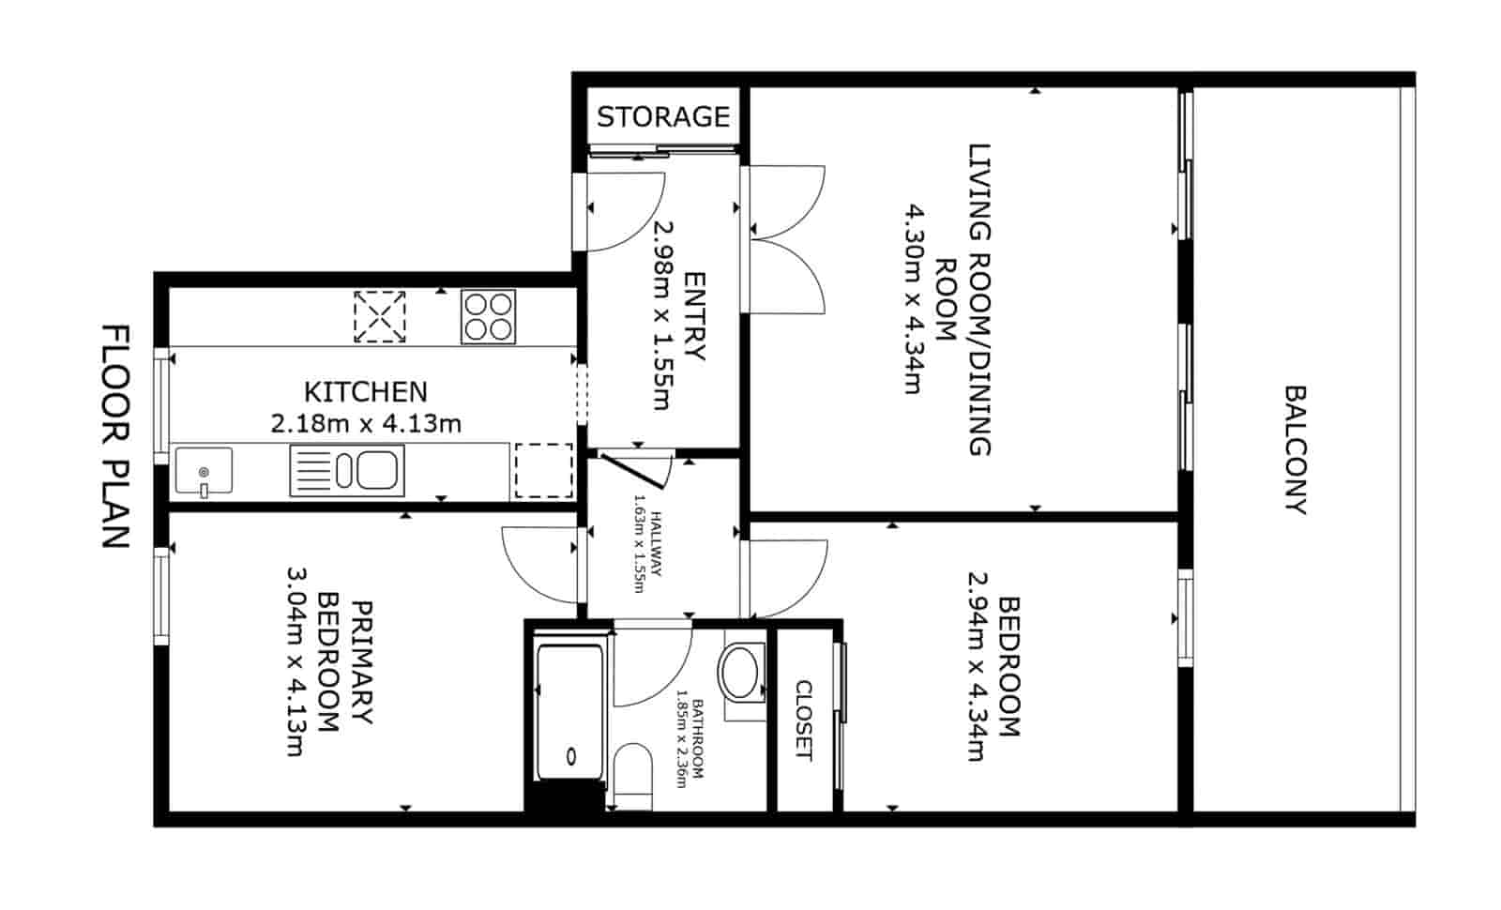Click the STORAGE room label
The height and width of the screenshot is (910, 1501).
662,117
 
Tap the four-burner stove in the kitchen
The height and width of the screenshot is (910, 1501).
488,316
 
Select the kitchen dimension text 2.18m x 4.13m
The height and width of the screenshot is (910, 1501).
366,424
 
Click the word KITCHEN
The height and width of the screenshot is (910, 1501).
366,391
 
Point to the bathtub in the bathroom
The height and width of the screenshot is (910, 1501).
568,710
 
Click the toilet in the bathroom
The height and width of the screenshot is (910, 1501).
633,774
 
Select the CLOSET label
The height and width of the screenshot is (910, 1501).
804,720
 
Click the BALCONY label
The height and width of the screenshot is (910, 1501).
1295,449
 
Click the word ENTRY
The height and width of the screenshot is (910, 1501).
694,316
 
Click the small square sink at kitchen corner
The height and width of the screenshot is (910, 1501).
204,471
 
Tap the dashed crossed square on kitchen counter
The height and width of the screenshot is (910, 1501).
380,316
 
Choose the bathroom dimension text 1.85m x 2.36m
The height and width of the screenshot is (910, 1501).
690,739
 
